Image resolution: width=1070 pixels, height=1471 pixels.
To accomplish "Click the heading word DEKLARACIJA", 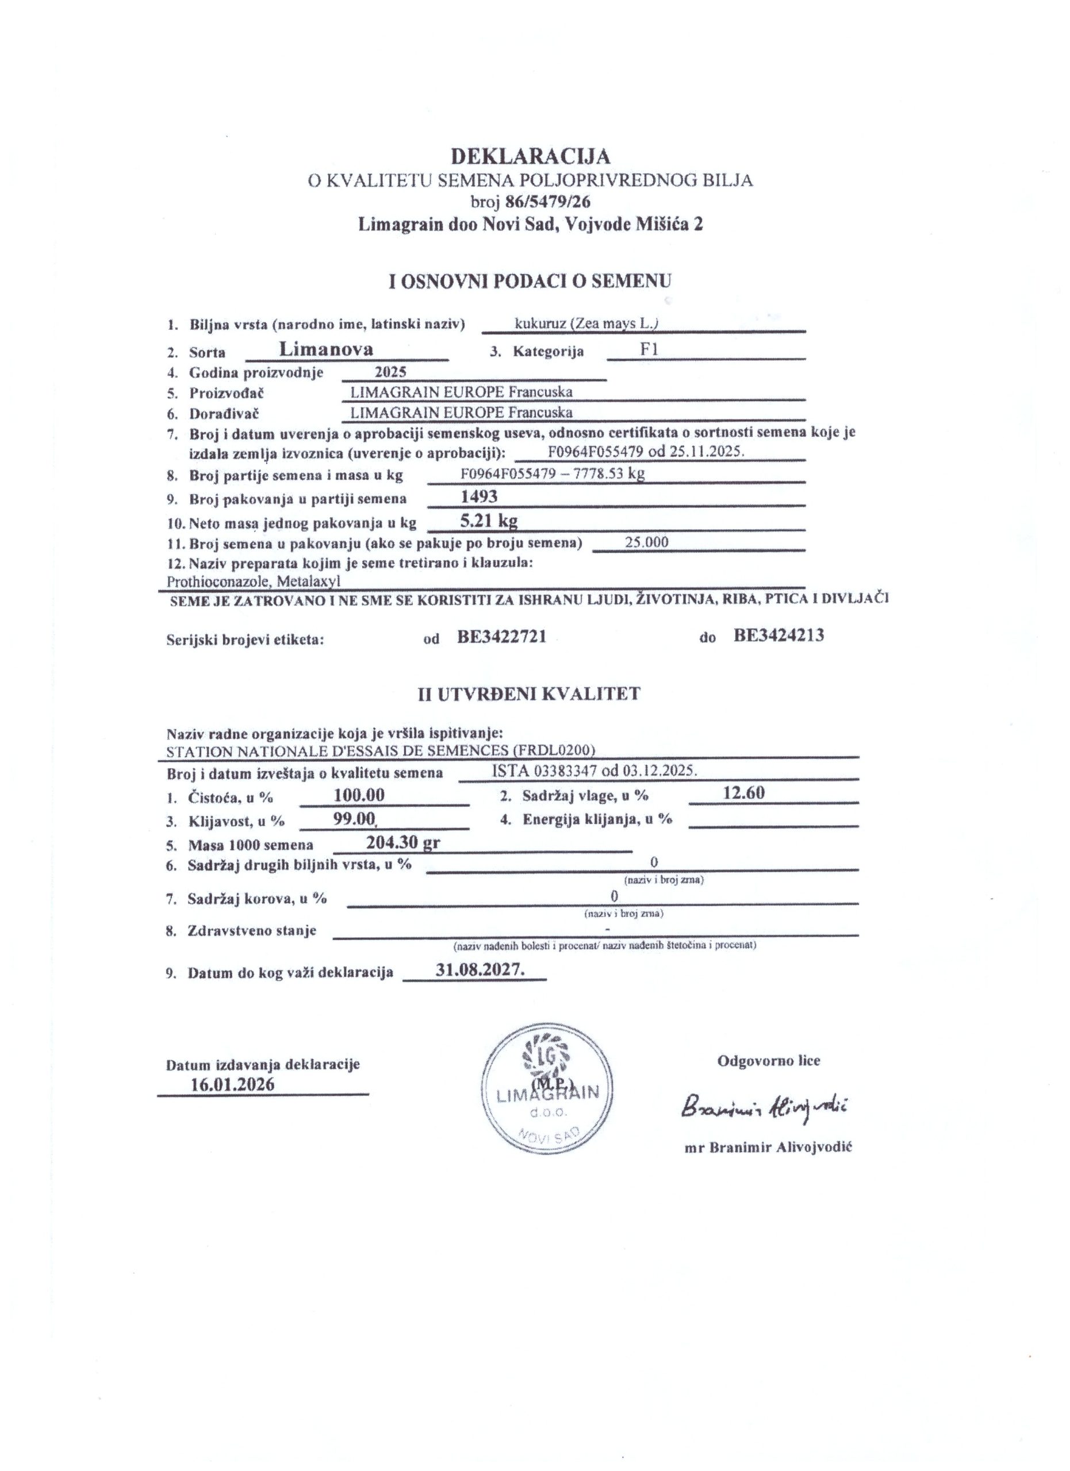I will (531, 156).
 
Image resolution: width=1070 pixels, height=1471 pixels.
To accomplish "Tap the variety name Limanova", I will (326, 349).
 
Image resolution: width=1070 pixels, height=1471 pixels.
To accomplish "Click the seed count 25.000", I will (646, 542).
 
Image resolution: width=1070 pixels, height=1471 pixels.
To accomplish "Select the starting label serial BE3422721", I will (501, 637).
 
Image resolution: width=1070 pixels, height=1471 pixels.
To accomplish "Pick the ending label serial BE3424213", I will (778, 635).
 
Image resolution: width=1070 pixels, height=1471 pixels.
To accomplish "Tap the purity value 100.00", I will (359, 795).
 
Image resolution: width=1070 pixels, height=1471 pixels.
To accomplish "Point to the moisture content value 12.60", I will (744, 792).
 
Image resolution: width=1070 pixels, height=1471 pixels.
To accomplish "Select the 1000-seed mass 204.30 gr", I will (403, 843).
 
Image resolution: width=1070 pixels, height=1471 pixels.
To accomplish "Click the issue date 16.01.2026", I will (232, 1084).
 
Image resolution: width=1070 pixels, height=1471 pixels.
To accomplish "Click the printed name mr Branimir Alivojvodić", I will (768, 1147).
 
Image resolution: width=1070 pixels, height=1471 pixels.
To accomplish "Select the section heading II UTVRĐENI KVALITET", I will (529, 694).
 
